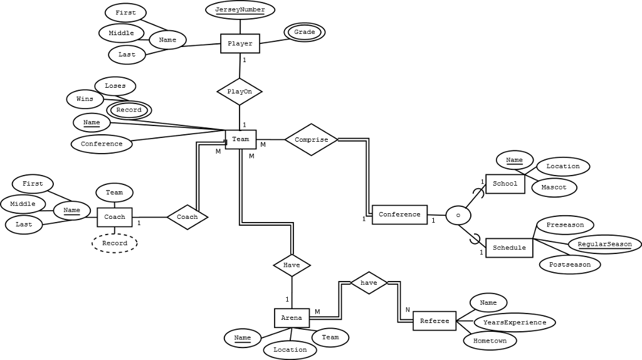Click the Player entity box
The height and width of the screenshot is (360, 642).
[x=240, y=44]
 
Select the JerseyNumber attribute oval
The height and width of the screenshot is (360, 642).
[x=240, y=10]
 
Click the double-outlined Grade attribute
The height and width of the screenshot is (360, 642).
[x=305, y=32]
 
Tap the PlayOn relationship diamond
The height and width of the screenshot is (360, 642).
[x=239, y=92]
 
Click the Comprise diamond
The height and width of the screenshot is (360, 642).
[x=312, y=140]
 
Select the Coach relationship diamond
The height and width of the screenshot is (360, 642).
[x=187, y=217]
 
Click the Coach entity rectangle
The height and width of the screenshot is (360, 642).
[x=115, y=217]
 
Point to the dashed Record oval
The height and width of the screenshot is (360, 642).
[x=115, y=243]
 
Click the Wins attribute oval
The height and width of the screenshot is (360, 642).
[x=85, y=99]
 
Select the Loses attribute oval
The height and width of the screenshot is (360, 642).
[x=115, y=86]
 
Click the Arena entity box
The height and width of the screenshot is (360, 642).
[x=292, y=318]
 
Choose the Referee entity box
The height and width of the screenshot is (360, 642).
[x=434, y=321]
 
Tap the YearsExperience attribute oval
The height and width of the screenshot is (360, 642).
[x=515, y=322]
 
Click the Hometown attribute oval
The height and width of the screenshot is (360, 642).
[x=490, y=341]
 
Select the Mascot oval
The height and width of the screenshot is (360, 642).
[x=554, y=187]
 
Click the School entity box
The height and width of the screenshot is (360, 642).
[x=505, y=184]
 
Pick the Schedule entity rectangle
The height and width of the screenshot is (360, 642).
[x=509, y=248]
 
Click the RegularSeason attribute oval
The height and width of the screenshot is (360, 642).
[x=605, y=244]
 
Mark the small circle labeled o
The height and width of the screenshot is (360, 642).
[x=458, y=215]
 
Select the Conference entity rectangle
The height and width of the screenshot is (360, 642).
[x=399, y=214]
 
